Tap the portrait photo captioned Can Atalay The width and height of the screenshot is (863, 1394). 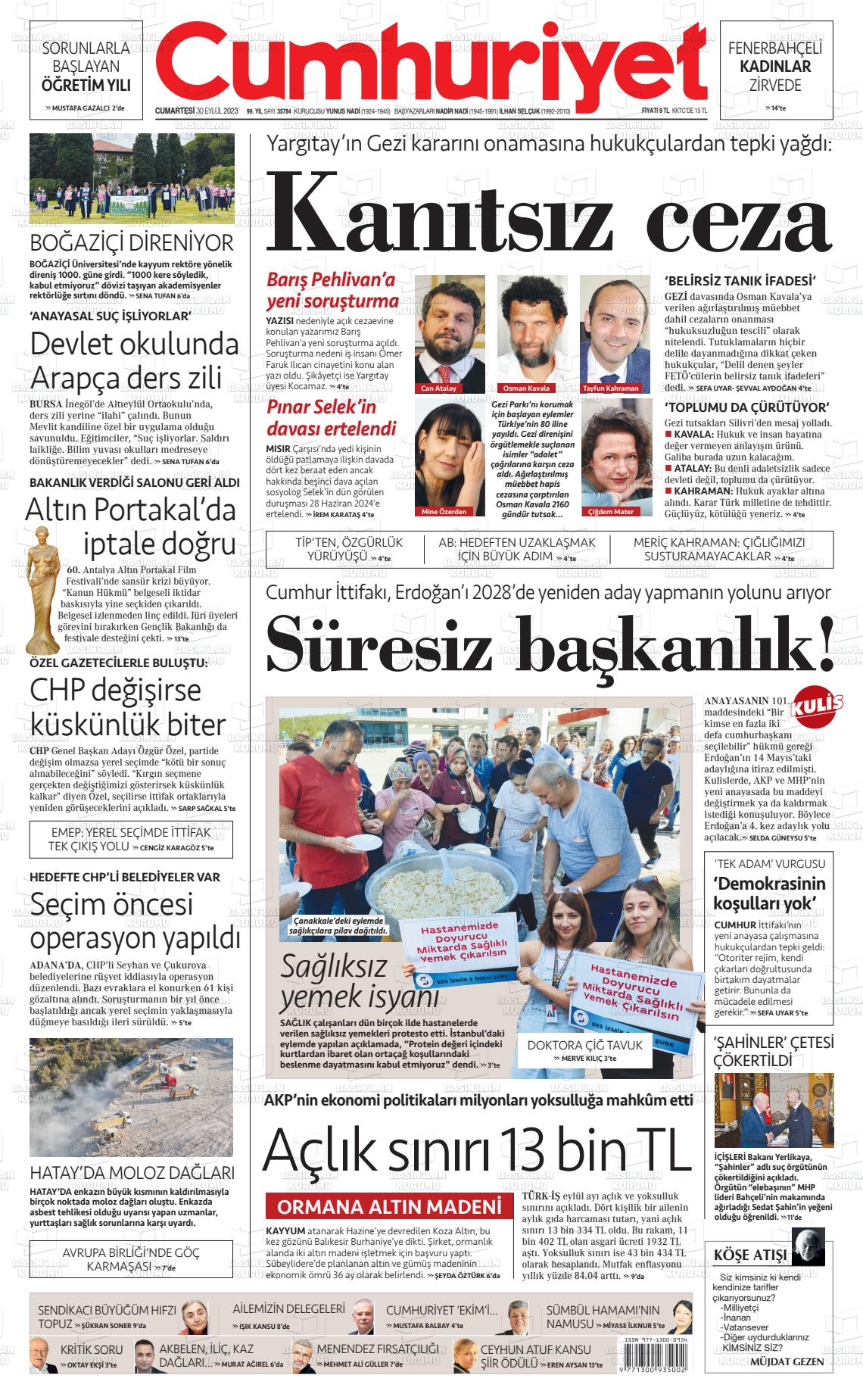coord(450,329)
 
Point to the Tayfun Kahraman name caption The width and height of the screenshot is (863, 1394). coord(611,388)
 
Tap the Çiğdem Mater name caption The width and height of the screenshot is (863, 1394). coord(610,512)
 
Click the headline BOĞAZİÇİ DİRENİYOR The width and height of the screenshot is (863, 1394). coord(132,244)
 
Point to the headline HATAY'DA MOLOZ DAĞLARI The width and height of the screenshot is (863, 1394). coord(132,1173)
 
